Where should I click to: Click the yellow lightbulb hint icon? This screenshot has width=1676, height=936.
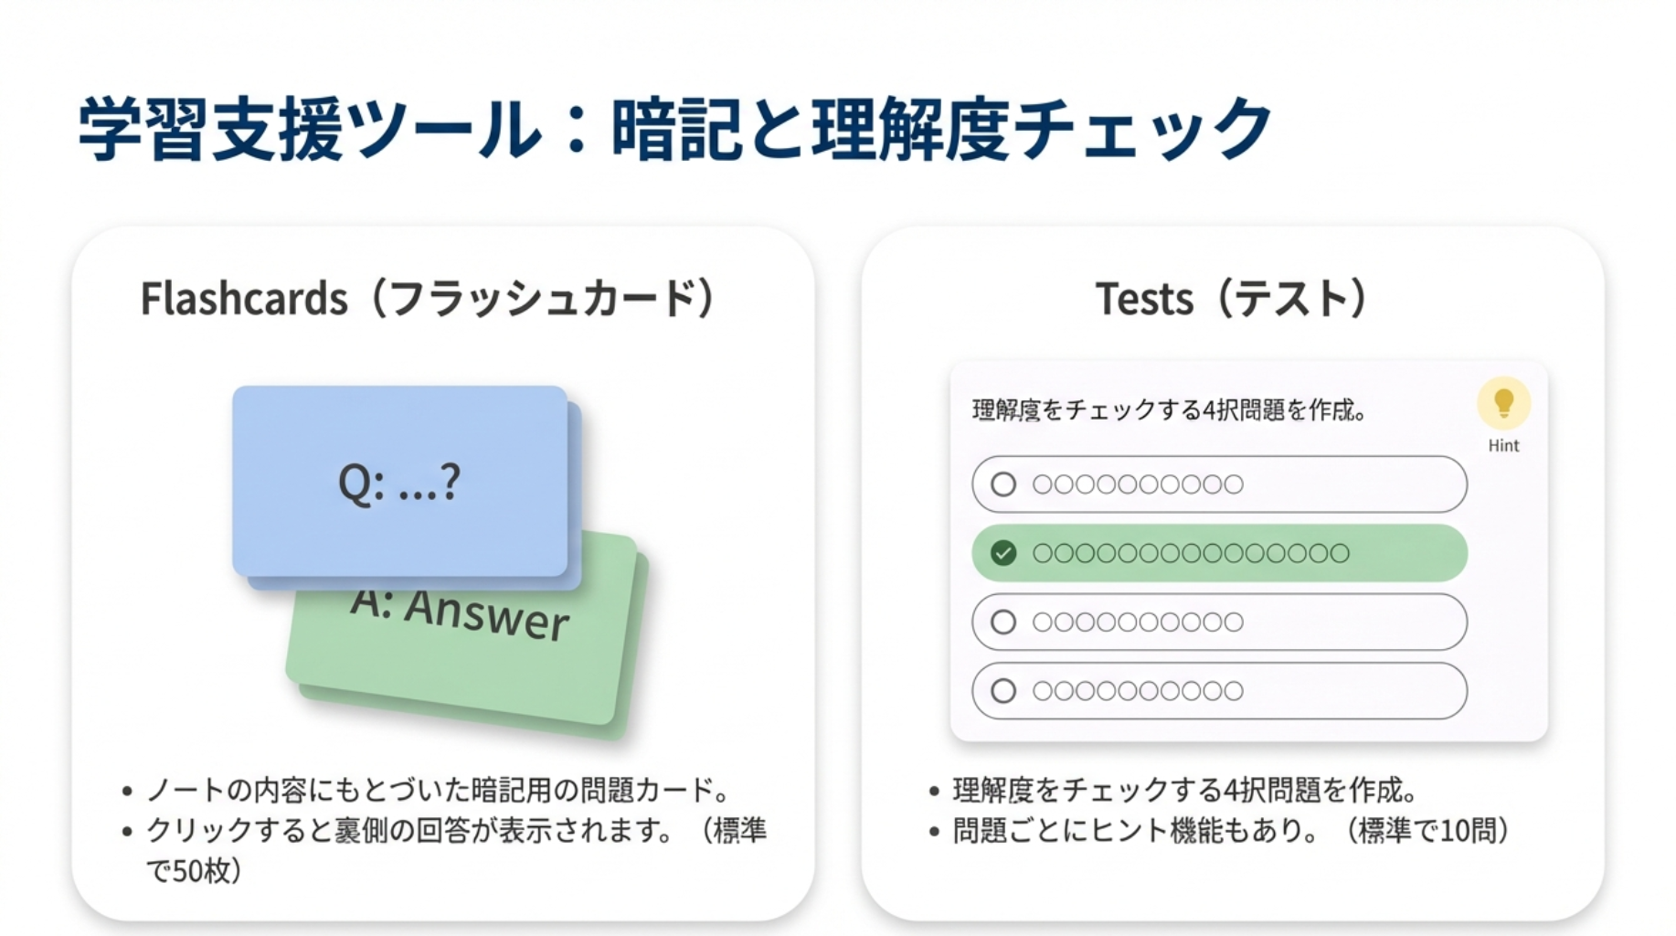[x=1503, y=403]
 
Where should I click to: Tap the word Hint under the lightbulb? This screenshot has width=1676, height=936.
[x=1503, y=446]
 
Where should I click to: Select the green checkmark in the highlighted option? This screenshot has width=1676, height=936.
[x=1003, y=553]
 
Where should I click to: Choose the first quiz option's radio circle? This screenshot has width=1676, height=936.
[x=1003, y=484]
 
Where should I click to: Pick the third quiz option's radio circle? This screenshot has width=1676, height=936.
[x=1003, y=622]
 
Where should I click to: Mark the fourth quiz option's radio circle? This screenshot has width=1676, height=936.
[x=1003, y=691]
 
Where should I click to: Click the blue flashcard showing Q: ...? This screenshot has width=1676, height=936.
[x=400, y=482]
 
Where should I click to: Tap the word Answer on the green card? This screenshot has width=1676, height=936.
[x=487, y=613]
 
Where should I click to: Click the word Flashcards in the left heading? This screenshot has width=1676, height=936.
[x=244, y=299]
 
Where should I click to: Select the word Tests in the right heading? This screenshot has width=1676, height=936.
[x=1144, y=299]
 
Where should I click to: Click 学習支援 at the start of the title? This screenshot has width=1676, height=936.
[x=211, y=129]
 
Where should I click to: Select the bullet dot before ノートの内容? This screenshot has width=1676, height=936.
[x=127, y=792]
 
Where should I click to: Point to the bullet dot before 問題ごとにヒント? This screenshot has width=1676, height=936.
[x=934, y=832]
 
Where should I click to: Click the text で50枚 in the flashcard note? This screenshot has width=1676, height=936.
[x=186, y=871]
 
